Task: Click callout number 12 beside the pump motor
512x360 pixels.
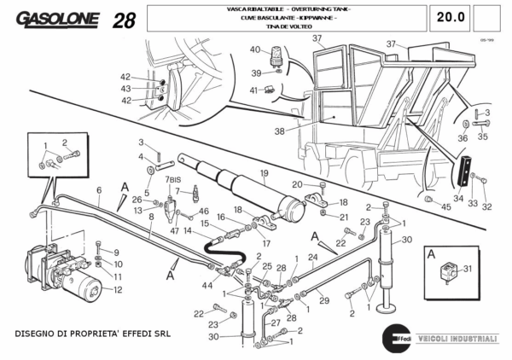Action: coord(118,289)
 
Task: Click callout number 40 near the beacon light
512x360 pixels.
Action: coord(254,49)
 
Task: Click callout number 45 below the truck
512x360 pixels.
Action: coord(445,206)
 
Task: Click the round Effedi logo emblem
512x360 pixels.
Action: coord(395,338)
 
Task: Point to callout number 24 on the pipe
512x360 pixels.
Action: coord(313,257)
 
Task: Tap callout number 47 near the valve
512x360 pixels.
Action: coord(174,230)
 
